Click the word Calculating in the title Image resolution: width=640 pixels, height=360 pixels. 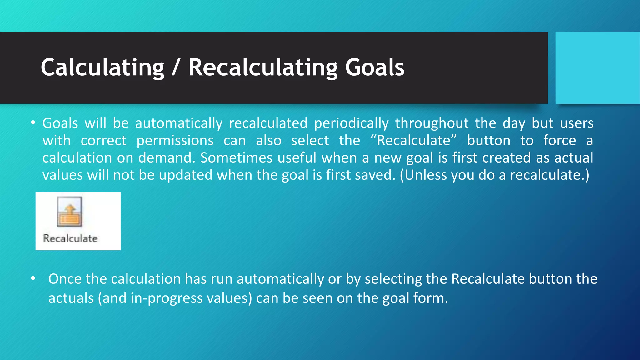tap(102, 67)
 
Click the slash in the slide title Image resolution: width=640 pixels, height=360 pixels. tap(176, 67)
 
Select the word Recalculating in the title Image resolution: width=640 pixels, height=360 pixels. tap(263, 67)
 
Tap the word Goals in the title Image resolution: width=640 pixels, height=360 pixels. tap(375, 67)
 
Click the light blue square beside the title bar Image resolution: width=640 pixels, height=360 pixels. tap(597, 68)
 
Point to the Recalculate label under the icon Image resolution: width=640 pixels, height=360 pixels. tap(70, 238)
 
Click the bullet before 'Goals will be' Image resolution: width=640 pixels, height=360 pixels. tap(33, 122)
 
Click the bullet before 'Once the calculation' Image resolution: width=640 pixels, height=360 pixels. tap(33, 278)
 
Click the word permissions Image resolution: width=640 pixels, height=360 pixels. tap(175, 141)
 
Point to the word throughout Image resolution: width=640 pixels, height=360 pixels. tap(432, 123)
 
